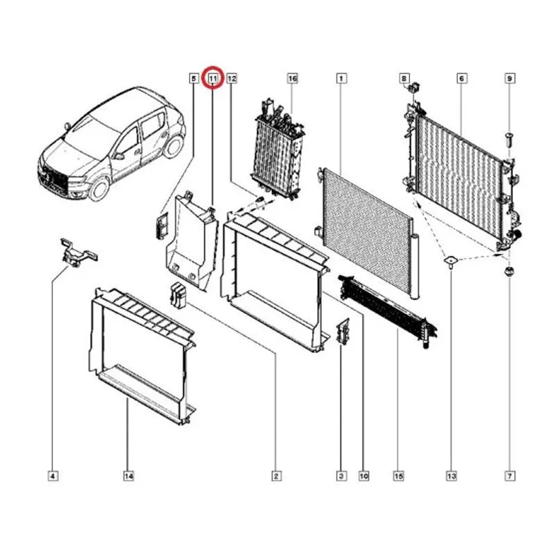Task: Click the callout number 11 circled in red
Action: point(213,78)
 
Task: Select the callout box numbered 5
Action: point(194,78)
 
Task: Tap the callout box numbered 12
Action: point(231,78)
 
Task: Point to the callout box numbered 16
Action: point(293,78)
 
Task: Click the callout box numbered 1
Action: point(341,78)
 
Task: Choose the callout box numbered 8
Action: point(404,78)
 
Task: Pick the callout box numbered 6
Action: point(461,78)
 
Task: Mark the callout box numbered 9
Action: point(510,78)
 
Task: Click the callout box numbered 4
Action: point(53,476)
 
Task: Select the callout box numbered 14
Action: point(129,476)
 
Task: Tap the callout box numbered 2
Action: point(276,476)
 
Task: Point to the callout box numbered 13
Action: point(451,476)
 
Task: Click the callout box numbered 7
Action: point(510,476)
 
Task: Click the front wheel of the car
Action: point(99,188)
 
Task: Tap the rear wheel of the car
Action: point(174,145)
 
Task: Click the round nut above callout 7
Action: point(509,272)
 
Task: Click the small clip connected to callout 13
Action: point(451,262)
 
